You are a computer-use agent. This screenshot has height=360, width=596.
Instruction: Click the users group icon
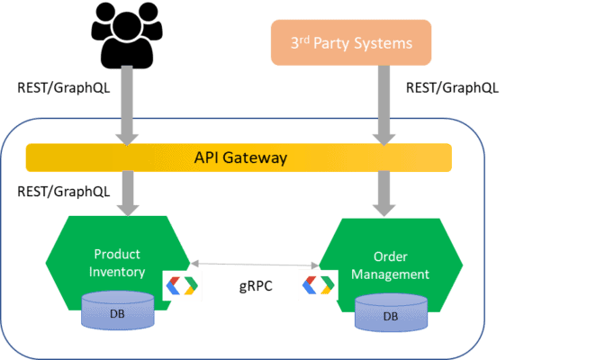[127, 35]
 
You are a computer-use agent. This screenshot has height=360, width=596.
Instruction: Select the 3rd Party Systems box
[351, 42]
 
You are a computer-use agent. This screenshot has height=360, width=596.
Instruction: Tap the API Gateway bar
[239, 157]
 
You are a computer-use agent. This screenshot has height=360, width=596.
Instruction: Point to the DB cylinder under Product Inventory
[118, 310]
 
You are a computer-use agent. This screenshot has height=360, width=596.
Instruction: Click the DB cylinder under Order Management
[391, 313]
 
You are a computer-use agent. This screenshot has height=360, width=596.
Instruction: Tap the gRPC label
[256, 286]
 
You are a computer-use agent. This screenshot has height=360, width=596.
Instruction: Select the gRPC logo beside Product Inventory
[182, 286]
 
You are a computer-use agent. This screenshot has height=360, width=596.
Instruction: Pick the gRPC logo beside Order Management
[319, 285]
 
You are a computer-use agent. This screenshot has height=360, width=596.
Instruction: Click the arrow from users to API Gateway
[127, 105]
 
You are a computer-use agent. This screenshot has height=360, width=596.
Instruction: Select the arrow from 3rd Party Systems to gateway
[384, 105]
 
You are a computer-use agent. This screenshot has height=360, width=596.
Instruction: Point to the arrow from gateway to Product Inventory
[128, 193]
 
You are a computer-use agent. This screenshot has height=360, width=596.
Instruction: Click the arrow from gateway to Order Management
[384, 193]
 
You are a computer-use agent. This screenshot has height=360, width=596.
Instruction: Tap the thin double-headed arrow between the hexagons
[255, 265]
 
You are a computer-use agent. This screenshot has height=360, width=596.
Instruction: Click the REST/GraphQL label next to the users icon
[64, 88]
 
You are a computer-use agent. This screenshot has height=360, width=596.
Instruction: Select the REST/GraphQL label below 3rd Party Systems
[452, 88]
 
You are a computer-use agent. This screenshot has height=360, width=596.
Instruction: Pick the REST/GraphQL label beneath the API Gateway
[64, 192]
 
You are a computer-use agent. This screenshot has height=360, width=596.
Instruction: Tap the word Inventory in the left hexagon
[117, 272]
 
